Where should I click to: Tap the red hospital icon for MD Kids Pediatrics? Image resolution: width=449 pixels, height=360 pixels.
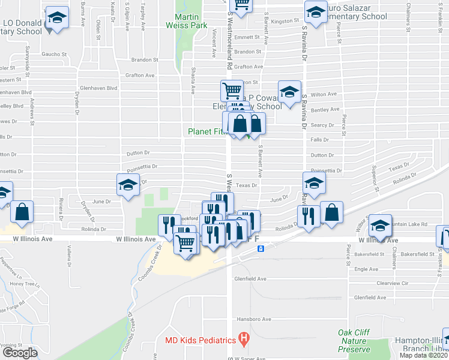point(243,340)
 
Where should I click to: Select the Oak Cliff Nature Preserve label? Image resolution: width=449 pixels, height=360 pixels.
point(354,340)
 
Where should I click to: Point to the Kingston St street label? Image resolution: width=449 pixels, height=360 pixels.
point(285,21)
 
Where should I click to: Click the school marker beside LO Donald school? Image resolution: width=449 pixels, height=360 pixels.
point(57,19)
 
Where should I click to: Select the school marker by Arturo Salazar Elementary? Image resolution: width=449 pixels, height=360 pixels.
point(316,11)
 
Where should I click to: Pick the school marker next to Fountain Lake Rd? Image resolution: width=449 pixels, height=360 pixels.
point(379,226)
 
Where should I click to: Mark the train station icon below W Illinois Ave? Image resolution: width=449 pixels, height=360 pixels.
point(261,248)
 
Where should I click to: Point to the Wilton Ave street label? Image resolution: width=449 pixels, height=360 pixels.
point(323,95)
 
